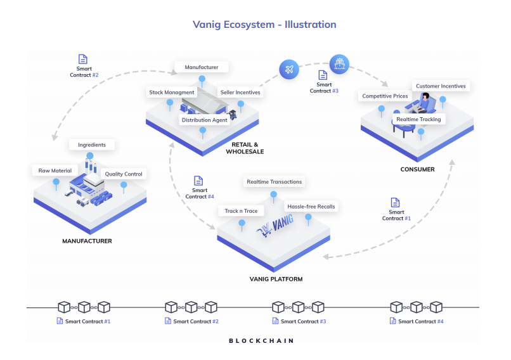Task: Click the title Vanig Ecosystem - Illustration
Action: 264,25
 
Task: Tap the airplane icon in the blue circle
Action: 289,68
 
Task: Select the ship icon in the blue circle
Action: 339,63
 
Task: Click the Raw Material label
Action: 55,170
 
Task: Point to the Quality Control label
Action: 124,174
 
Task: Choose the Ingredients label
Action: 92,145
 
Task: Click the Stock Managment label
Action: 171,93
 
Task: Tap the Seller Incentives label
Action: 240,93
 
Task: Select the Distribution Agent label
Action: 204,120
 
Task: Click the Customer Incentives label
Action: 440,86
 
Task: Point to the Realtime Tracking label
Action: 418,119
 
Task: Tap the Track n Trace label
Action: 241,211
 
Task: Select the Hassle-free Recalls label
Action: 311,207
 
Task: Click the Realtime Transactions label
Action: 275,182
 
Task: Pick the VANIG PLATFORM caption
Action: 276,279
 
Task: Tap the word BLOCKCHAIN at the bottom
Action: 261,341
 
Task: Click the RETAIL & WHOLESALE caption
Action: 245,148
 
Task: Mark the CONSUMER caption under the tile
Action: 417,169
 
